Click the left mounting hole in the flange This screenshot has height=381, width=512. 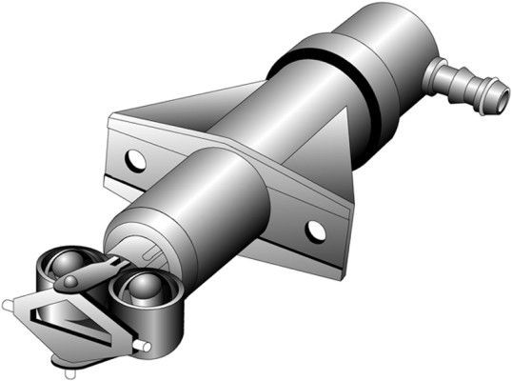136,160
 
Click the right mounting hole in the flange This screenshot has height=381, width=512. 315,230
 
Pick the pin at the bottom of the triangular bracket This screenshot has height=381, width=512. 65,360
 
